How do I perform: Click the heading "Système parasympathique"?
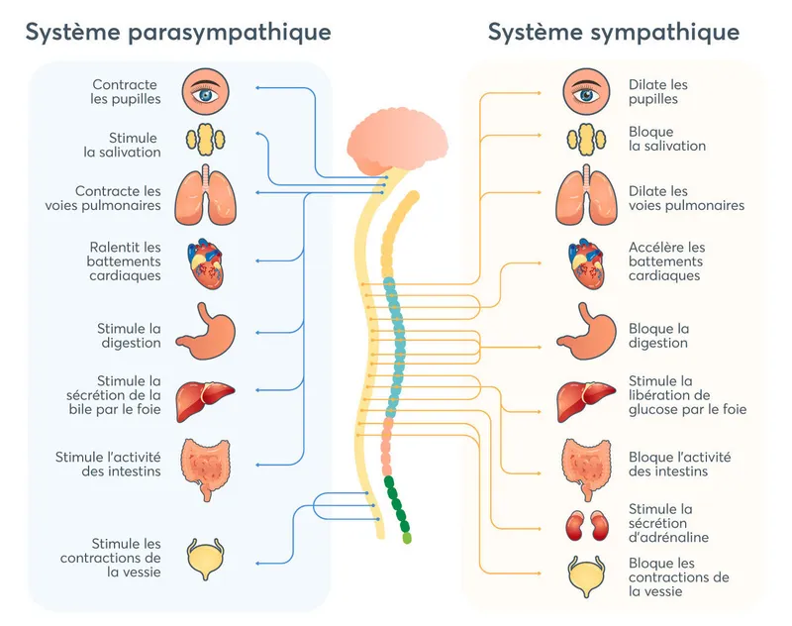pyautogui.click(x=177, y=33)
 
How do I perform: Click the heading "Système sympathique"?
pyautogui.click(x=613, y=33)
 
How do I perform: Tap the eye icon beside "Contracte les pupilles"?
pyautogui.click(x=205, y=92)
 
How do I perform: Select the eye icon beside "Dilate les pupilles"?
pyautogui.click(x=586, y=92)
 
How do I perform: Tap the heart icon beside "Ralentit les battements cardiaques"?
pyautogui.click(x=205, y=261)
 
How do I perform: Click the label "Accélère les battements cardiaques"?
pyautogui.click(x=667, y=261)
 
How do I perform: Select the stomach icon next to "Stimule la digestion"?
pyautogui.click(x=205, y=330)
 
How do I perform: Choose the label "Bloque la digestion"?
pyautogui.click(x=659, y=336)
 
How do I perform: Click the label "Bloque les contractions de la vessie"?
pyautogui.click(x=679, y=577)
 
